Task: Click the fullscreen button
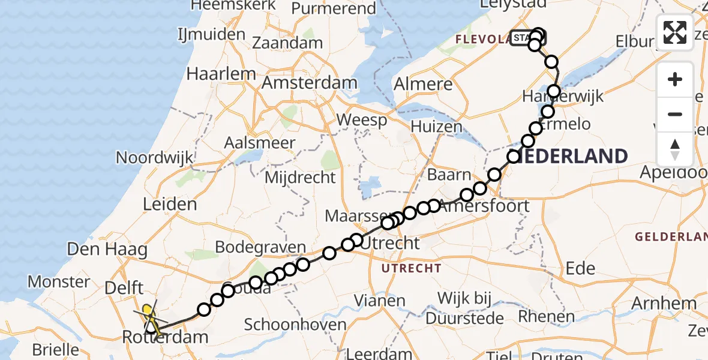[x=675, y=32]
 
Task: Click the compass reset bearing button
[x=675, y=148]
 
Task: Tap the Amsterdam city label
[x=310, y=83]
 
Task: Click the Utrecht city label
[x=390, y=243]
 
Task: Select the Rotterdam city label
[x=165, y=337]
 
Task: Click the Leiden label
[x=170, y=205]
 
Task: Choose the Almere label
[x=423, y=85]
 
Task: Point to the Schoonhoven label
[x=295, y=325]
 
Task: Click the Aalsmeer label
[x=259, y=143]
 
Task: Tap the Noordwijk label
[x=155, y=158]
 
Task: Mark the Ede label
[x=581, y=268]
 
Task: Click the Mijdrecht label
[x=301, y=177]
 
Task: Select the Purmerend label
[x=333, y=8]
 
